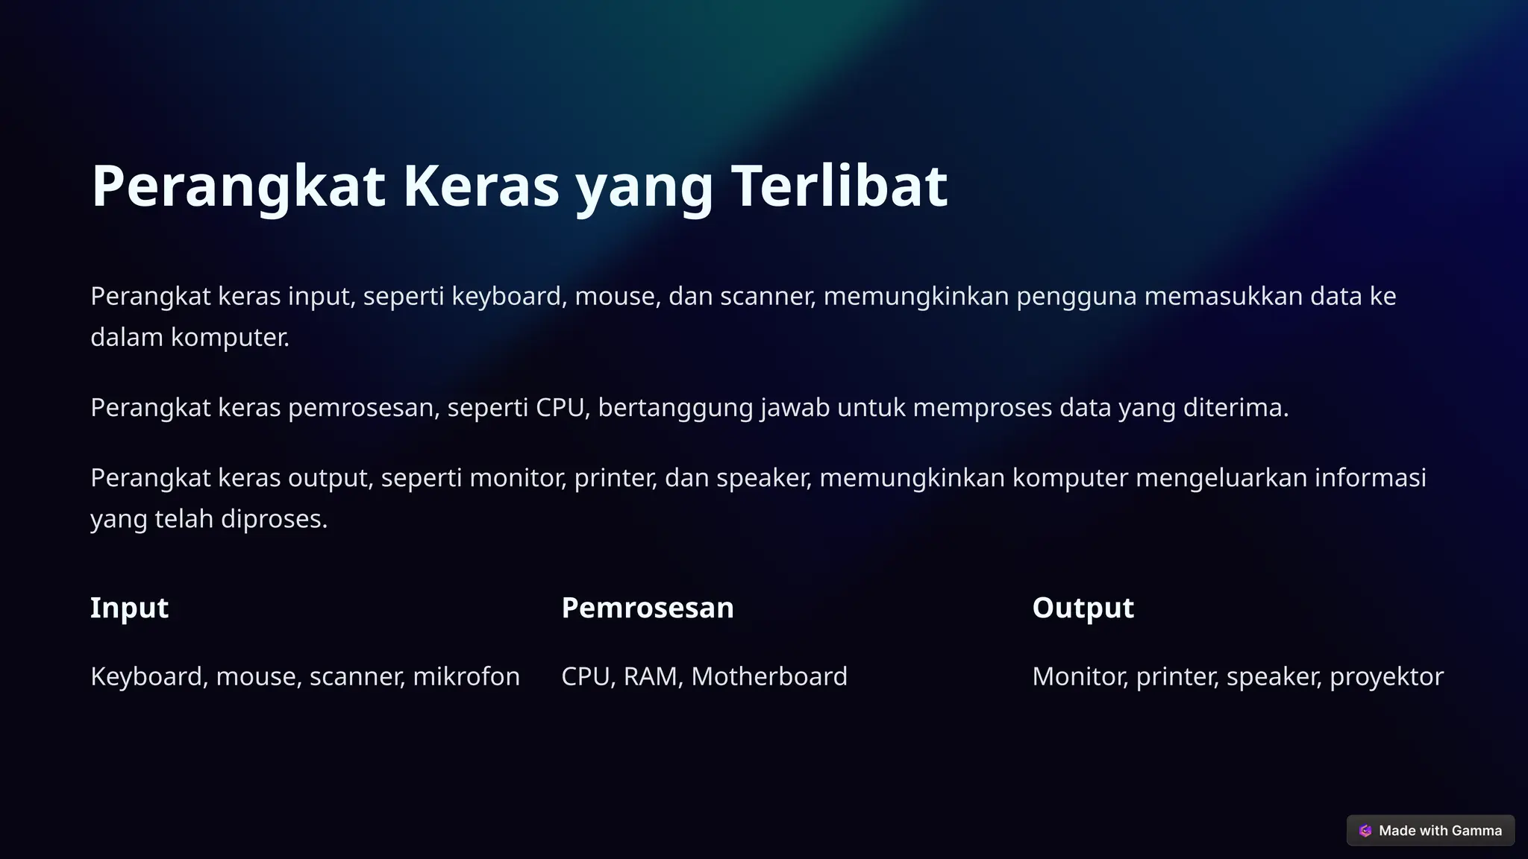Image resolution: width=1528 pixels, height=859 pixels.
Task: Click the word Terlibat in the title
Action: (839, 186)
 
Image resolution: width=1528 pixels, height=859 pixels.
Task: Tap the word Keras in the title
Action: (480, 186)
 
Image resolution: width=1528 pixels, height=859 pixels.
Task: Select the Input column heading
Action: (129, 608)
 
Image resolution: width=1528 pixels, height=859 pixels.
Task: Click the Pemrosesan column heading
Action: (647, 608)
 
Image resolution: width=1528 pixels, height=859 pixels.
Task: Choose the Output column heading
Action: (1083, 608)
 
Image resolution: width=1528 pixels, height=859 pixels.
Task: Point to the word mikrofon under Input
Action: (466, 676)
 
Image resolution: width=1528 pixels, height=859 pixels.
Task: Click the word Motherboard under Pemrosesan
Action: (768, 676)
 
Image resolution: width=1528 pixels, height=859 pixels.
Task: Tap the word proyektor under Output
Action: (1386, 676)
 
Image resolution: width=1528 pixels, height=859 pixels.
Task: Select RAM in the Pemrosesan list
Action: (650, 676)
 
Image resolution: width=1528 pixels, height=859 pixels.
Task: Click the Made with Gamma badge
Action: (1430, 831)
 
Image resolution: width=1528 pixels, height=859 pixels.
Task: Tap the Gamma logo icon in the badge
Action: (1365, 831)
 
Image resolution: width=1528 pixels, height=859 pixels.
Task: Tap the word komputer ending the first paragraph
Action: (229, 338)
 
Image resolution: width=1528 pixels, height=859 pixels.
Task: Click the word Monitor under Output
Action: (1080, 676)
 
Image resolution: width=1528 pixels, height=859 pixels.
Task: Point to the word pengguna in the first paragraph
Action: (1076, 297)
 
